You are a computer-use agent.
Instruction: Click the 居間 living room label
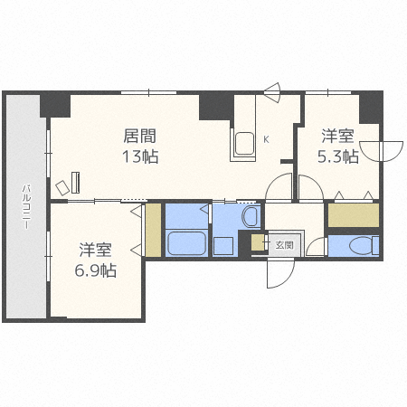[140, 136]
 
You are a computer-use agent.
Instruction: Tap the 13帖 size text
[140, 156]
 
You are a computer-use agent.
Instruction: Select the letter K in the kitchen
[266, 139]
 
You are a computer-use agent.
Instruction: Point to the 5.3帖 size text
[338, 156]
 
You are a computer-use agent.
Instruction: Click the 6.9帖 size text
[95, 270]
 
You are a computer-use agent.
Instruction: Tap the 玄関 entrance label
[285, 245]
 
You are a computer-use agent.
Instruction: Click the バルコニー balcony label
[27, 206]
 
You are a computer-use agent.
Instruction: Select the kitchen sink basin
[244, 144]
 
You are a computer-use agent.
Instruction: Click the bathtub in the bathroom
[187, 243]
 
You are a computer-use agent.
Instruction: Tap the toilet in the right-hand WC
[361, 245]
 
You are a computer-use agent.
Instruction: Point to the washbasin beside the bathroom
[250, 216]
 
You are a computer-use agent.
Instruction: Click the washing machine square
[223, 246]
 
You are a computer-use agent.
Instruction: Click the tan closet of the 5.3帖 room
[354, 215]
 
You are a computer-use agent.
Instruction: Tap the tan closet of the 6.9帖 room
[154, 231]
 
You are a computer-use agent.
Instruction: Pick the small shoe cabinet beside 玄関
[258, 242]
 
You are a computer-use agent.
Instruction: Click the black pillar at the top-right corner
[371, 107]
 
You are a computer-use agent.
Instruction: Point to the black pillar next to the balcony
[55, 105]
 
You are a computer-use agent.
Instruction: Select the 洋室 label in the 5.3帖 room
[338, 136]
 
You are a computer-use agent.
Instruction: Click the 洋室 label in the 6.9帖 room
[96, 250]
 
